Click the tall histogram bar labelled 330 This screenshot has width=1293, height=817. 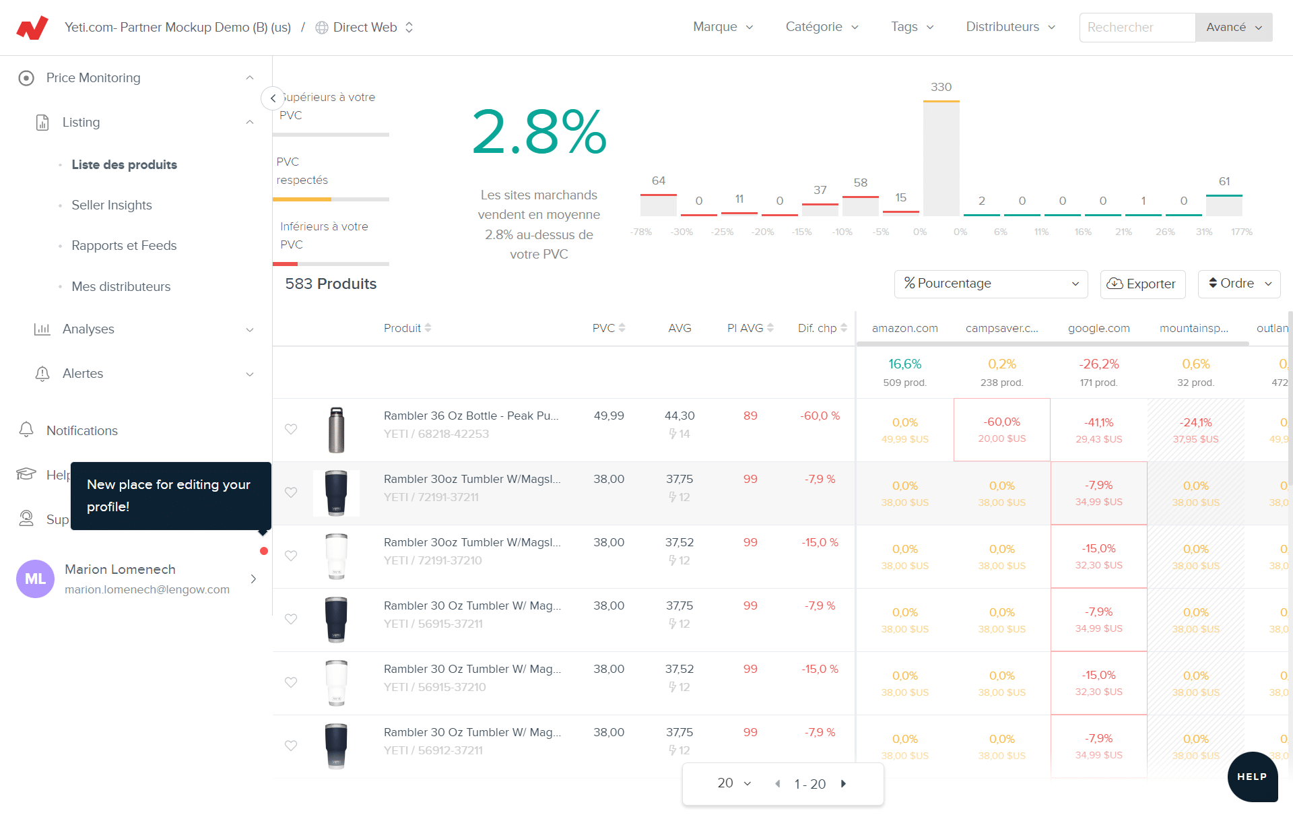[941, 159]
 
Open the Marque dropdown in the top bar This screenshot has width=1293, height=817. [723, 27]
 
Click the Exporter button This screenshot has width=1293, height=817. [1142, 284]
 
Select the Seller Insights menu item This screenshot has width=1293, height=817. [112, 205]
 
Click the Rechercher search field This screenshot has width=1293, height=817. [1137, 28]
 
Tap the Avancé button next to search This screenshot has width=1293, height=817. [1233, 28]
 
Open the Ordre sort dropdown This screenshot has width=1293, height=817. [1238, 284]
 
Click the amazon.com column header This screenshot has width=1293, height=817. [904, 328]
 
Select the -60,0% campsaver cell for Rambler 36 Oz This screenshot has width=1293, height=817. [1001, 430]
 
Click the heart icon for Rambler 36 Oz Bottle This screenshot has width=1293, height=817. [291, 429]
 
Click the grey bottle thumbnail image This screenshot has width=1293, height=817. [336, 430]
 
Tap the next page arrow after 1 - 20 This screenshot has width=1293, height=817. [844, 783]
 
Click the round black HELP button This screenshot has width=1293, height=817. [1252, 777]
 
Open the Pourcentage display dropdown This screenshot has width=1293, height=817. [991, 284]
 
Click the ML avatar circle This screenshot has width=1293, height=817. [35, 579]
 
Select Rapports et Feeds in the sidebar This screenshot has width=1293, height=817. [124, 246]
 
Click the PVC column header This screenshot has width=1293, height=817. [603, 328]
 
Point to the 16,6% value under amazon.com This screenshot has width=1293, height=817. [904, 364]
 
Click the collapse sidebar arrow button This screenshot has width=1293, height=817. [272, 98]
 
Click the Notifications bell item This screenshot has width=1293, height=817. [81, 430]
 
